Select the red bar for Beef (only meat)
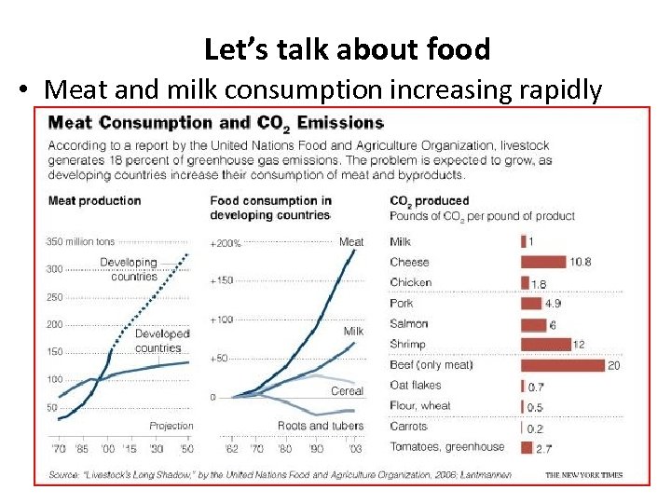(562, 365)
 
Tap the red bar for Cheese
(542, 262)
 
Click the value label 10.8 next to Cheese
(581, 262)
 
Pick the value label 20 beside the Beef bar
(614, 365)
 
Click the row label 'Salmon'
(409, 324)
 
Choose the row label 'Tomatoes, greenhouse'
(446, 447)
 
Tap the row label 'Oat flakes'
(416, 386)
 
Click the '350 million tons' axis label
(81, 242)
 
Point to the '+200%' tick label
(226, 243)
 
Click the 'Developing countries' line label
(130, 269)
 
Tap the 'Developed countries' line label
(162, 341)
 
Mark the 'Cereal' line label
(347, 391)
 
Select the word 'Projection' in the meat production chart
(171, 427)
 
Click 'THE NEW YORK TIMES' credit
(583, 475)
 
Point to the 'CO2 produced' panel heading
(430, 201)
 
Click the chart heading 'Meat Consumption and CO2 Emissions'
(215, 123)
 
